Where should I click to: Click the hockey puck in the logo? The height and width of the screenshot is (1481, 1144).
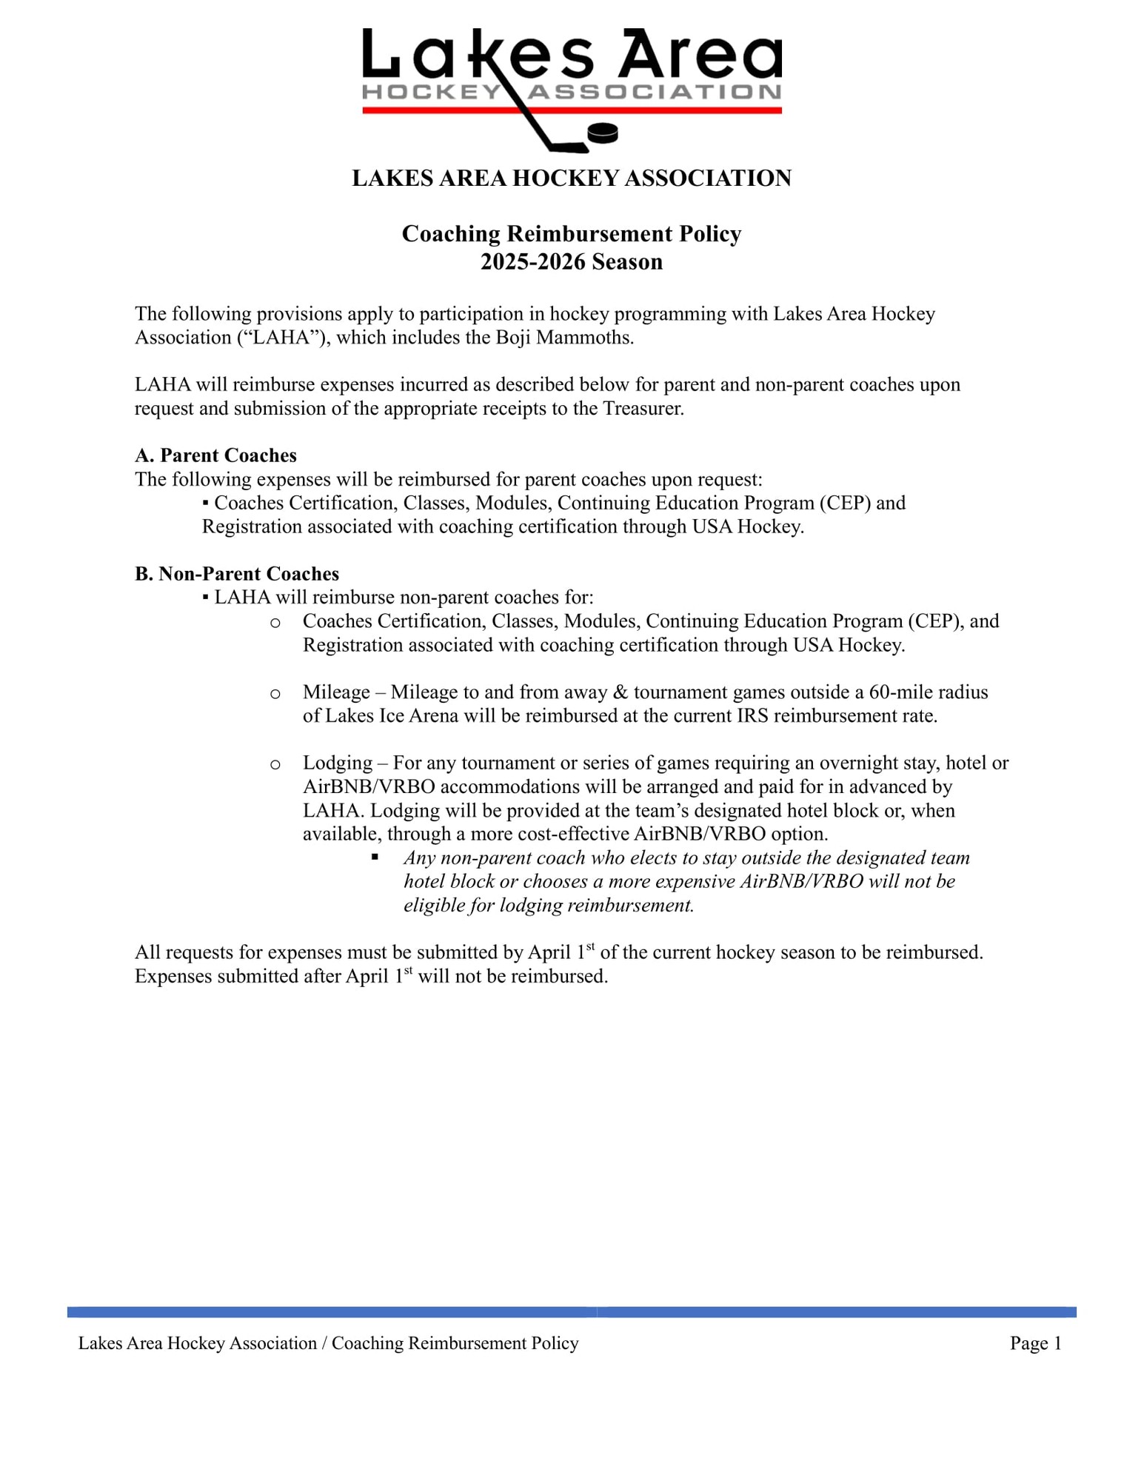click(602, 133)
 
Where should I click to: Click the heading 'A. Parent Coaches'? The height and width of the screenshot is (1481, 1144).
click(215, 455)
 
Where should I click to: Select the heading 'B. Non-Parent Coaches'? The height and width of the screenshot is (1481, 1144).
click(237, 574)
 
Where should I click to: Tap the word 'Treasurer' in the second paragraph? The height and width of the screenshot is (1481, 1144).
click(642, 409)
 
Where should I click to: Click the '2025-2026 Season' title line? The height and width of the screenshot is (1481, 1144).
click(571, 262)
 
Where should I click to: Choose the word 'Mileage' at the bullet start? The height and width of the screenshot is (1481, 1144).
click(336, 692)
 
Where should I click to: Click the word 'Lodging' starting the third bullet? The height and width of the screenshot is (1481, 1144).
click(338, 763)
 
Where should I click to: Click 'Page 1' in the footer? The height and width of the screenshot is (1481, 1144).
click(1035, 1343)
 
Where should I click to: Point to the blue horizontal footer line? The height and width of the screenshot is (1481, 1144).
click(571, 1312)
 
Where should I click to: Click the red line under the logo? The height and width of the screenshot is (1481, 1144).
click(571, 110)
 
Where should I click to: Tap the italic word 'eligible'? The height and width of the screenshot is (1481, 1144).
click(432, 906)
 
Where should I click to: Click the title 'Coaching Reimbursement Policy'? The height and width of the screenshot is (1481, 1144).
click(571, 234)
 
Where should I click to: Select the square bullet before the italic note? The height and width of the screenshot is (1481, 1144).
click(375, 857)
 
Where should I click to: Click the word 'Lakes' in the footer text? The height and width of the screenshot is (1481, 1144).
click(100, 1343)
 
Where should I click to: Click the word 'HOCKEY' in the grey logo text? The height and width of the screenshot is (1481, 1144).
click(431, 92)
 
